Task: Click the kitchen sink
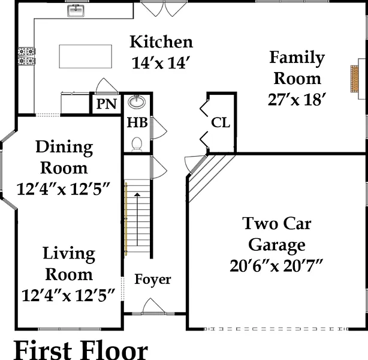tap(76, 11)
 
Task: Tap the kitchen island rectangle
tap(86, 56)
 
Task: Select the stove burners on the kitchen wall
tap(26, 56)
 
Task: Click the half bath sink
tap(137, 102)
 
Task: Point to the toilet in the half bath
tap(137, 144)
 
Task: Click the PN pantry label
tap(107, 104)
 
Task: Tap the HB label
tap(137, 122)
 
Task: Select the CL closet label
tap(221, 122)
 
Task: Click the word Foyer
tap(153, 280)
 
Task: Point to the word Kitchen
tap(161, 42)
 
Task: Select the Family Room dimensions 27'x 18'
tap(297, 100)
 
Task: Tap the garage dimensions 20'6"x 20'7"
tap(276, 266)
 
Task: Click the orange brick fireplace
tap(354, 79)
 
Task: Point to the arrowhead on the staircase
tap(137, 194)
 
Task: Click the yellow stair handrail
tap(126, 219)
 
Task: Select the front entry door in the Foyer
tap(153, 306)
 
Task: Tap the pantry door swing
tap(106, 86)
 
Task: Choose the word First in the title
tap(43, 350)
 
